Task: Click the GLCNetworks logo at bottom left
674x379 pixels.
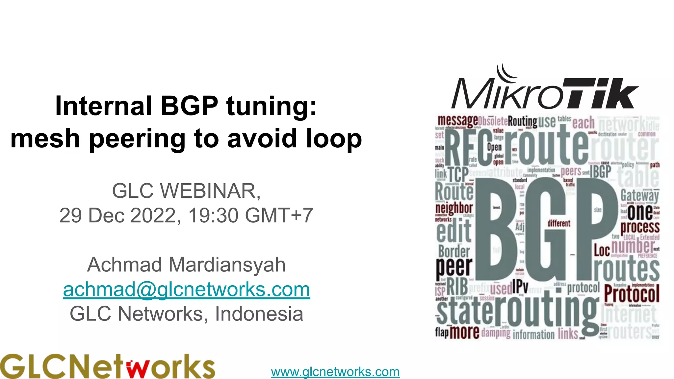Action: point(107,366)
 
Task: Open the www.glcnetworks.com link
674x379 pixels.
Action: point(335,372)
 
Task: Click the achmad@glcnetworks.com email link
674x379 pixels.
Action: point(186,290)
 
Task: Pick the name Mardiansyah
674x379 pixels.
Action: point(227,265)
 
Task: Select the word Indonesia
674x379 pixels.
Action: point(259,314)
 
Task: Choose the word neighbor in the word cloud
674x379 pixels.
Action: point(454,208)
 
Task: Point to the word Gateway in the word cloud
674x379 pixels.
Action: point(639,195)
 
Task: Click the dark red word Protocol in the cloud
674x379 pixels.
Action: point(632,293)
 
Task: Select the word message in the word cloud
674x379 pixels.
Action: point(457,121)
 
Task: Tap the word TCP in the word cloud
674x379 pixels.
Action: point(458,174)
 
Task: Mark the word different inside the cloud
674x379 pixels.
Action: point(558,223)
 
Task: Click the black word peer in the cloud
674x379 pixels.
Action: point(454,266)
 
